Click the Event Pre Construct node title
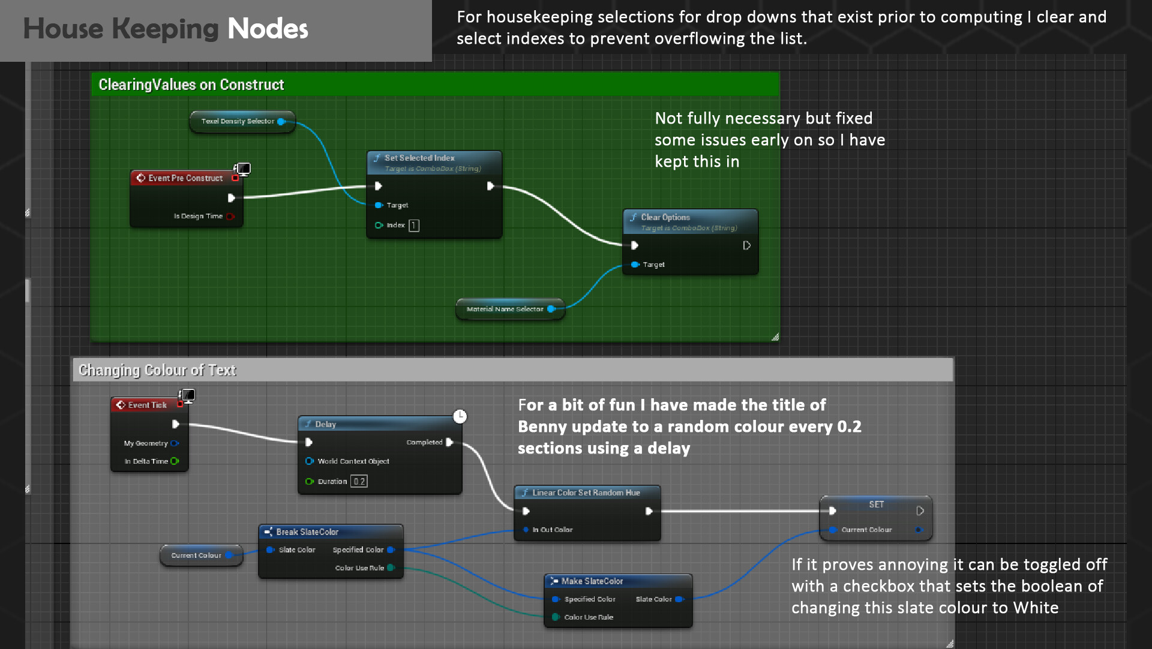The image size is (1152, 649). tap(185, 178)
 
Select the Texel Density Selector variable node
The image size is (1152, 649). tap(238, 121)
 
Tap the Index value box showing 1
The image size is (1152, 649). tap(414, 226)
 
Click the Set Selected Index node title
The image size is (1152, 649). tap(419, 158)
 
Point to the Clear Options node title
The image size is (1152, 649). tap(665, 217)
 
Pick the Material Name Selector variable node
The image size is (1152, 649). tap(505, 309)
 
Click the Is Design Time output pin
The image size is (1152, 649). tap(230, 217)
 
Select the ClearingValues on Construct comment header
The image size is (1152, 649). tap(191, 85)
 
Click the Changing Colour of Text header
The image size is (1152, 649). tap(157, 370)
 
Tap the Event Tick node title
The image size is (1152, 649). tap(147, 405)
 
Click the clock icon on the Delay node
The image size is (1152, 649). tap(460, 416)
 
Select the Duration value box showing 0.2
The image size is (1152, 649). tap(359, 482)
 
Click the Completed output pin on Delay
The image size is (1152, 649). tap(449, 442)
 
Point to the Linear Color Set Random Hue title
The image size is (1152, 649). tap(586, 492)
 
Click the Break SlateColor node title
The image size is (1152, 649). tap(307, 532)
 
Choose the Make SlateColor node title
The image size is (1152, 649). tap(592, 581)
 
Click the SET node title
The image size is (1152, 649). tap(876, 504)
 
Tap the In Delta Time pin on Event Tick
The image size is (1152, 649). tap(175, 461)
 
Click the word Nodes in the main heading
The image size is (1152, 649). tap(268, 29)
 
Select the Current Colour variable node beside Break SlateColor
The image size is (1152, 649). tap(196, 555)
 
